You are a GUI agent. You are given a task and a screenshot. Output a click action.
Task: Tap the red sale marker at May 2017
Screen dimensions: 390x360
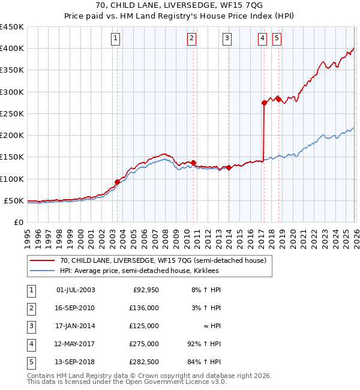click(264, 103)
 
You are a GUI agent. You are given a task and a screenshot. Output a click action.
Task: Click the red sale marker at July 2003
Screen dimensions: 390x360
click(117, 182)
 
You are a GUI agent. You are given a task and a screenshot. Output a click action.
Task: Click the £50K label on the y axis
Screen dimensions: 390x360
click(14, 200)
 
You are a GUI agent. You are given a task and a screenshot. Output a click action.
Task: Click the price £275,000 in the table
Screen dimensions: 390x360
click(144, 344)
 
